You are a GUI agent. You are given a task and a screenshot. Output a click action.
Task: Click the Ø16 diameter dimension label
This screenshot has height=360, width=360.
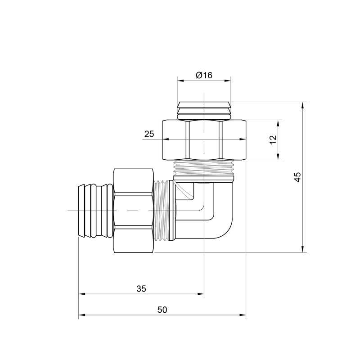point(204,75)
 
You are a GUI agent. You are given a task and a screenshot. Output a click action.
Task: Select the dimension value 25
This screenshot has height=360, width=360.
point(149,134)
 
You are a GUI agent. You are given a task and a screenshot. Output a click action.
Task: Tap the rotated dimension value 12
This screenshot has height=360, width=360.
point(273,140)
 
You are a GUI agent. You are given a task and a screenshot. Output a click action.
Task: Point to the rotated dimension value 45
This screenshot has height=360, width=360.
point(297,177)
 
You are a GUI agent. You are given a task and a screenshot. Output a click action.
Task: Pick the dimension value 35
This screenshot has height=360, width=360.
point(141,289)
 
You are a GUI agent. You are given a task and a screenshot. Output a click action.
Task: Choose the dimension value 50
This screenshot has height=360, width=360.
point(162,310)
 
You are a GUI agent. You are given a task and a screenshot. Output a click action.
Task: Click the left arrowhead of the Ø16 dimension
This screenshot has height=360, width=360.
point(180,81)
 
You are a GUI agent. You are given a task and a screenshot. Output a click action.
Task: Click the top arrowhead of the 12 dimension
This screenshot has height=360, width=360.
point(279,123)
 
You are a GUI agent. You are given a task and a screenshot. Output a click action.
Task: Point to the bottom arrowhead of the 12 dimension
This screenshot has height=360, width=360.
point(279,157)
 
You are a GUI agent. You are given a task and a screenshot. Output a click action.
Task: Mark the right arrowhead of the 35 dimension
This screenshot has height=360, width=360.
point(201,295)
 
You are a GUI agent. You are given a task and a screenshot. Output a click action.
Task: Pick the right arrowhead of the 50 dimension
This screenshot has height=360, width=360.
point(243,315)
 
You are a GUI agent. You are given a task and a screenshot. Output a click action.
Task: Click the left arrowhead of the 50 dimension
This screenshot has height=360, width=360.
point(82,315)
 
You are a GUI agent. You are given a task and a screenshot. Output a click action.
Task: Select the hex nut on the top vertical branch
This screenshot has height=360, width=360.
point(204,139)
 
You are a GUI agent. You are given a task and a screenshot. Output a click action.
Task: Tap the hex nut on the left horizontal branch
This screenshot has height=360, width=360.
point(134,211)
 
